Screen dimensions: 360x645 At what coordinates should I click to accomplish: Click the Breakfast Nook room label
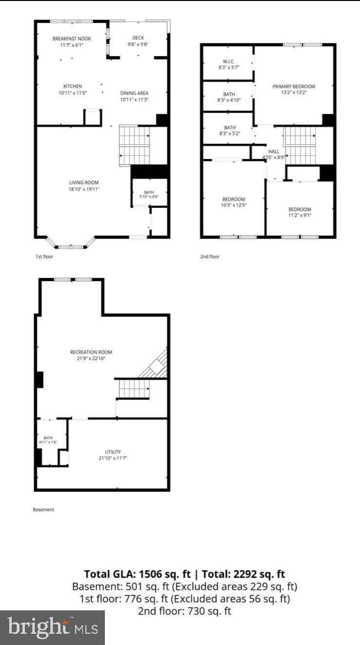pyautogui.click(x=72, y=39)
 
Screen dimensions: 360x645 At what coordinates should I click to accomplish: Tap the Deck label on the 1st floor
pyautogui.click(x=138, y=38)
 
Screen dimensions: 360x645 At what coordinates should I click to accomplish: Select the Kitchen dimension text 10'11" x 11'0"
pyautogui.click(x=73, y=93)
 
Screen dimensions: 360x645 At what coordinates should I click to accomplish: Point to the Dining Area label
pyautogui.click(x=134, y=93)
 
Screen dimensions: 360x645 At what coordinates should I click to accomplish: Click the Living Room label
pyautogui.click(x=84, y=182)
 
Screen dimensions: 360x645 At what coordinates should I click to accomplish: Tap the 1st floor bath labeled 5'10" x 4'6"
pyautogui.click(x=149, y=192)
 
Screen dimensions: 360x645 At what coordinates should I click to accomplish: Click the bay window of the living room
pyautogui.click(x=71, y=243)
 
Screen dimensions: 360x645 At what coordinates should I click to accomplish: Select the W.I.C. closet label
pyautogui.click(x=229, y=61)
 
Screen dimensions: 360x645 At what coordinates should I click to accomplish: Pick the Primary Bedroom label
pyautogui.click(x=294, y=86)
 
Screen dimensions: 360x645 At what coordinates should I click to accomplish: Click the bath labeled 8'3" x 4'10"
pyautogui.click(x=229, y=94)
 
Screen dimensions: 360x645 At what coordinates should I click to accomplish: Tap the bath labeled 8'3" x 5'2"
pyautogui.click(x=230, y=127)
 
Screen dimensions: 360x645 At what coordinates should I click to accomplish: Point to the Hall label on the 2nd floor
pyautogui.click(x=274, y=151)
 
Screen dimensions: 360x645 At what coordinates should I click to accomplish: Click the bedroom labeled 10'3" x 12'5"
pyautogui.click(x=234, y=199)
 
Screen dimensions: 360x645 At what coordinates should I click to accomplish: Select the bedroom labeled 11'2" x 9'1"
pyautogui.click(x=300, y=209)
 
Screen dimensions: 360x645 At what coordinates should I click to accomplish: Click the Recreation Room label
pyautogui.click(x=91, y=352)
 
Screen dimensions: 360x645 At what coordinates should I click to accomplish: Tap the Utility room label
pyautogui.click(x=113, y=452)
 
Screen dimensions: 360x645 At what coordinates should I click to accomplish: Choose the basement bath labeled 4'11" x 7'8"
pyautogui.click(x=48, y=438)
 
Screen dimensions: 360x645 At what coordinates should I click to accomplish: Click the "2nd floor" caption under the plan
pyautogui.click(x=210, y=257)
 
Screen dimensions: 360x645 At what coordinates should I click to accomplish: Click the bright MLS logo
pyautogui.click(x=52, y=627)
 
